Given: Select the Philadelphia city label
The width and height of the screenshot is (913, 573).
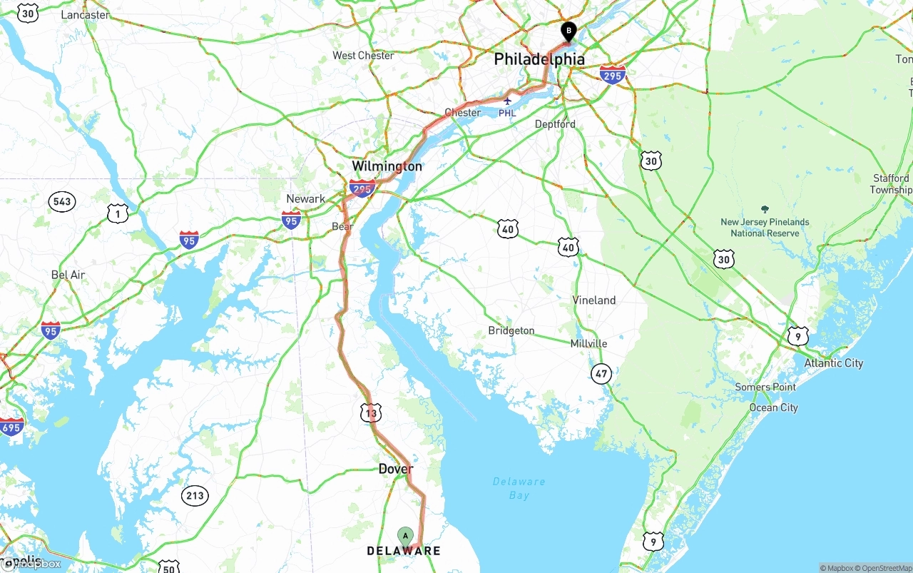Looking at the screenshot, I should click(539, 59).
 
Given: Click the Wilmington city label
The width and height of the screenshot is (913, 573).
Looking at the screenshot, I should click(387, 166).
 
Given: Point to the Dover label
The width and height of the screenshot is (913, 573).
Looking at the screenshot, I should click(395, 469).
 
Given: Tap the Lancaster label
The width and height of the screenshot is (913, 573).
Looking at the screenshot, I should click(86, 15).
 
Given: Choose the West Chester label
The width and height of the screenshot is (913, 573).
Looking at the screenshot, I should click(363, 56).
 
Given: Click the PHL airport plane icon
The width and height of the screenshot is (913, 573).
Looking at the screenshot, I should click(507, 102).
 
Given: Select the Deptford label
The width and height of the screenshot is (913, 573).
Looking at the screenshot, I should click(555, 124).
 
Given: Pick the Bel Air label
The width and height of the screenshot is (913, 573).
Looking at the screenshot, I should click(68, 275).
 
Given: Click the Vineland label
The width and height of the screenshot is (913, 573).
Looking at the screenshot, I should click(593, 300).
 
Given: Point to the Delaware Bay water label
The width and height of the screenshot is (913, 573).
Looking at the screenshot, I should click(519, 488).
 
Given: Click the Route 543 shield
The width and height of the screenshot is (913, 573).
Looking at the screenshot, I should click(62, 201).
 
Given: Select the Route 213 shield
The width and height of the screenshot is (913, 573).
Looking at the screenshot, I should click(194, 496).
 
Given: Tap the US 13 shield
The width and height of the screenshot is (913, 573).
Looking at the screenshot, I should click(371, 412).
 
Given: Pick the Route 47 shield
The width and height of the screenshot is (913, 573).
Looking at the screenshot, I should click(601, 372).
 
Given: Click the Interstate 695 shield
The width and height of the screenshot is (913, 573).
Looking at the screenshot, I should click(11, 427).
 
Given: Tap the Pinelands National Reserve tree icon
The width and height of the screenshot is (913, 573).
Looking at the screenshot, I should click(765, 210).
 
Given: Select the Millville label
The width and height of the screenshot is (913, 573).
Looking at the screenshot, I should click(588, 344).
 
